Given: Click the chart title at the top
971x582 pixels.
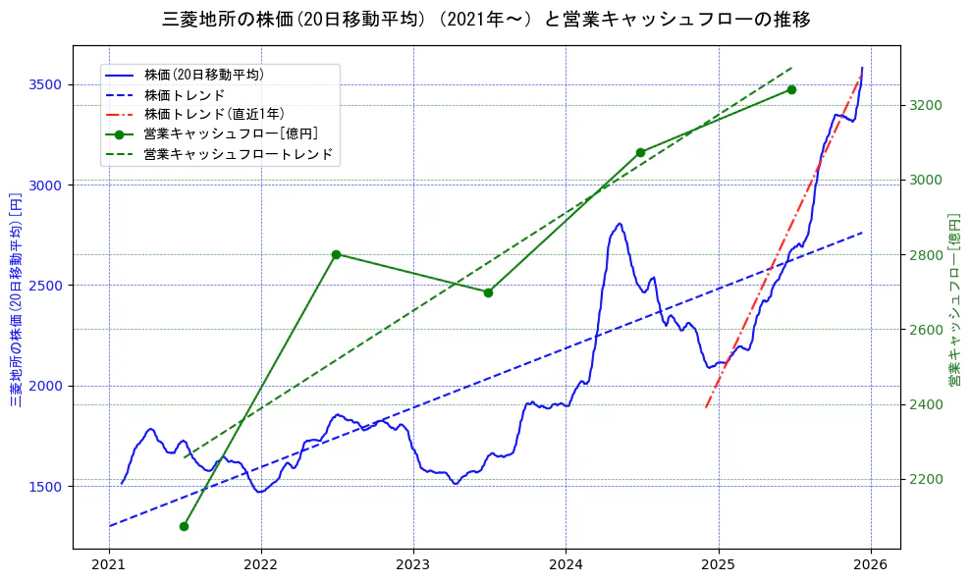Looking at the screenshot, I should (486, 19).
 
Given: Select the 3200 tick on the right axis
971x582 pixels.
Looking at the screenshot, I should (927, 105).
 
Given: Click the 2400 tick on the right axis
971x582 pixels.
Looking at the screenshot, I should (927, 404).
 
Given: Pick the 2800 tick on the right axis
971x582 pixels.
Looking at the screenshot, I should (927, 255).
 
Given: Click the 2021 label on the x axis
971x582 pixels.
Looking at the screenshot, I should (109, 566).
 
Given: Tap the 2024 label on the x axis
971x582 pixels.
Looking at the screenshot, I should (566, 566).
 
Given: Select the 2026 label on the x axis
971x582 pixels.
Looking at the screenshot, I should (871, 566).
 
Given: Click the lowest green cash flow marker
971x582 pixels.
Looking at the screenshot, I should (184, 526).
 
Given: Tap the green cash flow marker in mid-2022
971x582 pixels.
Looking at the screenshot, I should (336, 254).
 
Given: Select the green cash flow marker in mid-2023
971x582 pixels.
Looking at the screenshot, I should (488, 292).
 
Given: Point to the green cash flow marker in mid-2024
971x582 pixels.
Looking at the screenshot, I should (640, 152).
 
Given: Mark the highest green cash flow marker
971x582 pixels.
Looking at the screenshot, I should (791, 89).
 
